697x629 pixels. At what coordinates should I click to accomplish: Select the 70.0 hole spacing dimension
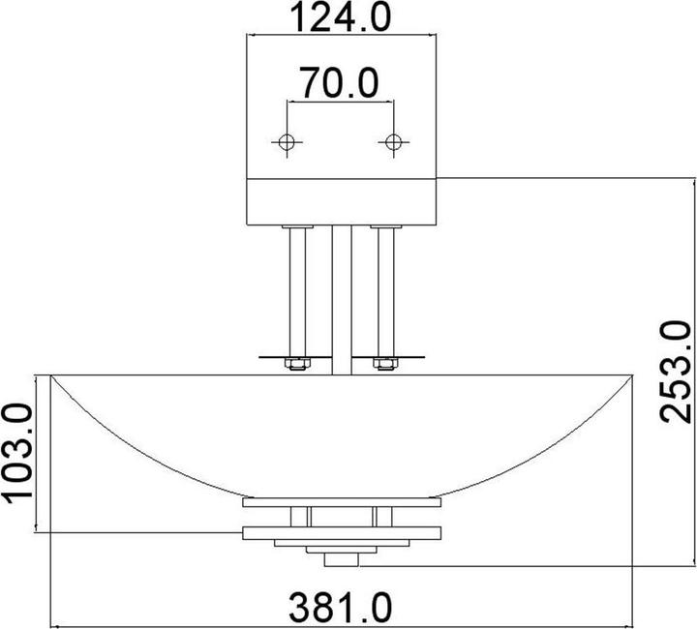(x=338, y=83)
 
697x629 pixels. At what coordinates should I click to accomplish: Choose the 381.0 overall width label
(x=341, y=608)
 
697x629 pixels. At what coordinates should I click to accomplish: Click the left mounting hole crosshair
(x=285, y=143)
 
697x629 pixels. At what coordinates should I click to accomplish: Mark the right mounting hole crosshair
(x=392, y=143)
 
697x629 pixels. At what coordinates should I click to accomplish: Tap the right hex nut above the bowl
(x=384, y=365)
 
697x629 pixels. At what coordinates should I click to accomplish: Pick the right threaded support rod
(x=384, y=290)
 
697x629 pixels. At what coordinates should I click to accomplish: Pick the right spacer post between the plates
(x=384, y=517)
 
